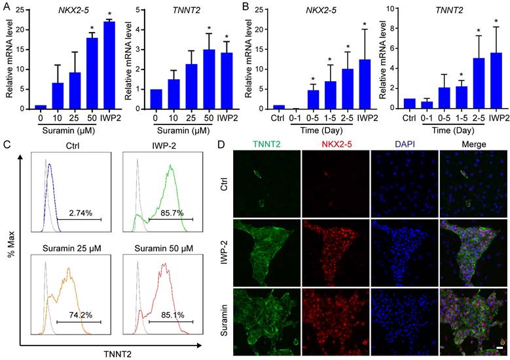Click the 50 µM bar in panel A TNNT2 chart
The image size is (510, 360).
pyautogui.click(x=208, y=79)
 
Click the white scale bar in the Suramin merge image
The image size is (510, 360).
pyautogui.click(x=499, y=341)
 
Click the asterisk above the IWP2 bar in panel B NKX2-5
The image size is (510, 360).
pyautogui.click(x=365, y=24)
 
